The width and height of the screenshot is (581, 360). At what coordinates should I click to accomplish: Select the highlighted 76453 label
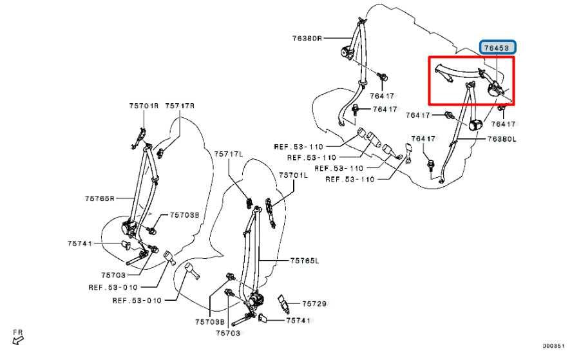point(499,47)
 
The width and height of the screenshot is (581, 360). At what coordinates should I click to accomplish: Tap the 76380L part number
point(502,138)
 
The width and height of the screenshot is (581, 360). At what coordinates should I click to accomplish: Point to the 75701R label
point(143,106)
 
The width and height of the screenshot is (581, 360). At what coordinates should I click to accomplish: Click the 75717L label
point(229,154)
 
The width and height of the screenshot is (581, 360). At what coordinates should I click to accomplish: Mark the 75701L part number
point(293,175)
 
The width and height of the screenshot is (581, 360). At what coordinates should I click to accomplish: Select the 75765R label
point(99,198)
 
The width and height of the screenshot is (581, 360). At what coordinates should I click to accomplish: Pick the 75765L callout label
point(304,260)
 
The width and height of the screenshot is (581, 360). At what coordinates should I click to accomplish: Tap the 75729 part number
point(314,303)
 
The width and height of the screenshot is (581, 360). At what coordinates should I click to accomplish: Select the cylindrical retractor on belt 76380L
point(477,125)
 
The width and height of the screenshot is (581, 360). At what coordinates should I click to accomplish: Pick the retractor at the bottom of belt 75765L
point(256,299)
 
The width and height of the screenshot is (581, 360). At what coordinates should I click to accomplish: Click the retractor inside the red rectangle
point(495,88)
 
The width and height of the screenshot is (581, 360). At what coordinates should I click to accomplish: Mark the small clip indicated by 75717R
point(160,153)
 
